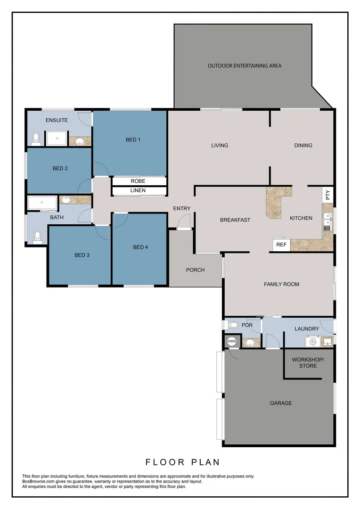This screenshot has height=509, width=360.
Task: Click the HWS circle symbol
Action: pos(231,341)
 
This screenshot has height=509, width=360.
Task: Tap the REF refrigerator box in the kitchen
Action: pos(281,245)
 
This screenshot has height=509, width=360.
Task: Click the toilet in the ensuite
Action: pos(35,139)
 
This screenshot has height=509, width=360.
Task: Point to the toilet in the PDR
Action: pos(233,325)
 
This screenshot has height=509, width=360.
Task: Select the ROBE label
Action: pos(138,181)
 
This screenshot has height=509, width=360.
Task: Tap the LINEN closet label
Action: pos(138,190)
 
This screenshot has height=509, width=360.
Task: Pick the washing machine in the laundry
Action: pos(312,341)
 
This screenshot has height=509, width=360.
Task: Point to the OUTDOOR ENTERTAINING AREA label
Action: pos(245,66)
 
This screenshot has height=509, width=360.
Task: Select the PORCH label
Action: pos(195,270)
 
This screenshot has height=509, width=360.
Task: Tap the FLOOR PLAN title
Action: pos(182,462)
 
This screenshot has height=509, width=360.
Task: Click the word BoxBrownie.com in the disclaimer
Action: pos(39,482)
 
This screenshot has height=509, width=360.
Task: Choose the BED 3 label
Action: pos(82,255)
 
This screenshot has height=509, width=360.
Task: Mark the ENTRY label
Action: pos(182,208)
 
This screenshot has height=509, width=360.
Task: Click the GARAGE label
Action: pos(281,403)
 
